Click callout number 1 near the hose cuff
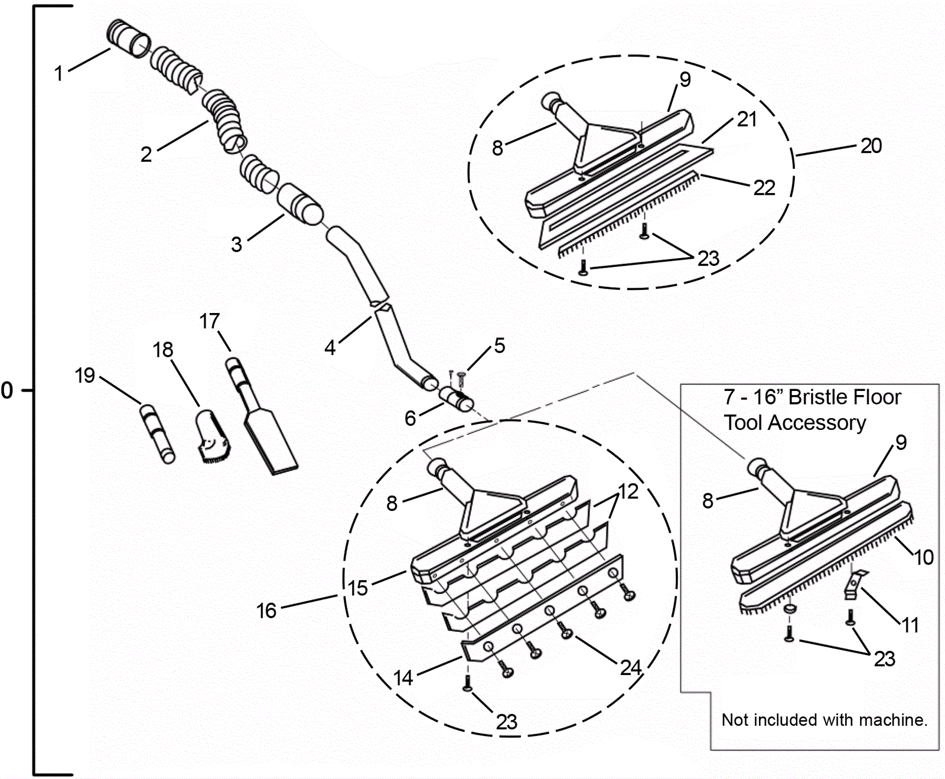point(58,74)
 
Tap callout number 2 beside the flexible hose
point(146,155)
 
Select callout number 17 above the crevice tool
point(210,321)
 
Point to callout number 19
point(85,376)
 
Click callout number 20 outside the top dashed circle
point(871,145)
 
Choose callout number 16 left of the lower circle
point(266,611)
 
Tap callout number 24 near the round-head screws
point(631,668)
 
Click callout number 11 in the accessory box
point(910,625)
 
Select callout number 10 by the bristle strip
point(924,557)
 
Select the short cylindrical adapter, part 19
point(158,433)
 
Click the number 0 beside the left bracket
point(7,390)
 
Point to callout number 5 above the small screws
point(500,346)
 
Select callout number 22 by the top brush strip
point(764,188)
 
